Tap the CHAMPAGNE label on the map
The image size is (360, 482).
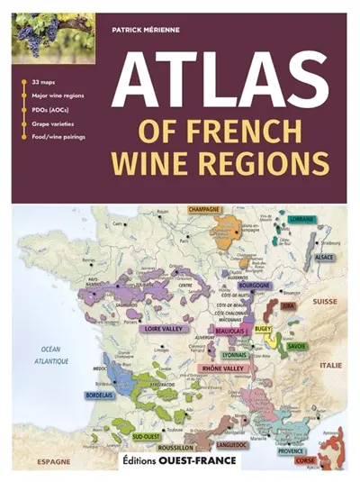tap(205, 209)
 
